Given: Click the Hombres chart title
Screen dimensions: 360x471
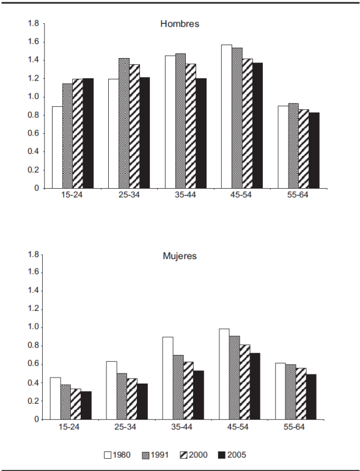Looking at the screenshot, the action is coord(180,24).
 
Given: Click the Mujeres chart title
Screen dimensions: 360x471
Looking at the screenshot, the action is coord(180,256).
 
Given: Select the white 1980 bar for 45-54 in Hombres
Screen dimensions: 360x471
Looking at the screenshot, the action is coord(227,117).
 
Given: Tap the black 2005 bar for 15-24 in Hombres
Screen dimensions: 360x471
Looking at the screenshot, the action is coord(88,133).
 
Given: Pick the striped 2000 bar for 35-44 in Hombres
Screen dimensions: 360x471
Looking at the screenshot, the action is coord(191,126).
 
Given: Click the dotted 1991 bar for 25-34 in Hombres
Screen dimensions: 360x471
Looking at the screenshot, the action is coord(124,123).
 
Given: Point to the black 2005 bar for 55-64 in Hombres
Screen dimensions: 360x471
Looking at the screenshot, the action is coord(314,150).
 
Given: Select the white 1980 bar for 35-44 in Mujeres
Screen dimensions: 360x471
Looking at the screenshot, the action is coord(167,378).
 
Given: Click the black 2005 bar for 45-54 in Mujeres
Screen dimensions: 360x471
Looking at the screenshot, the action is coord(255,386).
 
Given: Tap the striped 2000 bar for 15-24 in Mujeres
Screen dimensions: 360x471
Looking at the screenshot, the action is coord(76,404).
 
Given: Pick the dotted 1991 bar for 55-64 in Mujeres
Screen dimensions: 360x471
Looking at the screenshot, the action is coord(290,392).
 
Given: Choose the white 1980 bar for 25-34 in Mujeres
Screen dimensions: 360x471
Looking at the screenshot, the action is coord(111,390).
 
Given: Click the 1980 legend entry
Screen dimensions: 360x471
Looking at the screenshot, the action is coord(117,455).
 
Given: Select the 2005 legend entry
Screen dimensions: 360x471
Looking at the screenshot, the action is coord(232,455).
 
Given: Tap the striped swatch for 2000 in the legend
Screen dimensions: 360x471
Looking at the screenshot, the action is coord(183,455).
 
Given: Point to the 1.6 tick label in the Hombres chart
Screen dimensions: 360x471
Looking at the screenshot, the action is coord(34,42).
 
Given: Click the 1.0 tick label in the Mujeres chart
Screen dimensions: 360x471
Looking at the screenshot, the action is coord(34,327).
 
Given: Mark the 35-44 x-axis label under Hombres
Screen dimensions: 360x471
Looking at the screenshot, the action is coord(185,195).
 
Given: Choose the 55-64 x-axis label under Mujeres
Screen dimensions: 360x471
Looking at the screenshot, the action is coord(294,427).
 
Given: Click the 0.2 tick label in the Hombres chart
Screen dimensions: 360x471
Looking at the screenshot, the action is coord(34,170).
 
